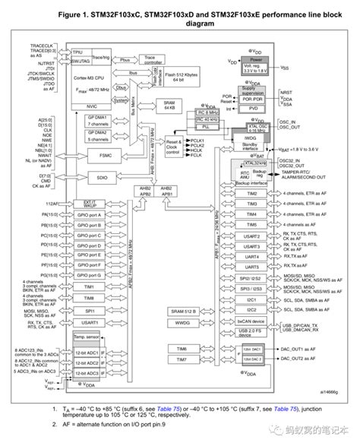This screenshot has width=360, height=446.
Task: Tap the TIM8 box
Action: (84, 299)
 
